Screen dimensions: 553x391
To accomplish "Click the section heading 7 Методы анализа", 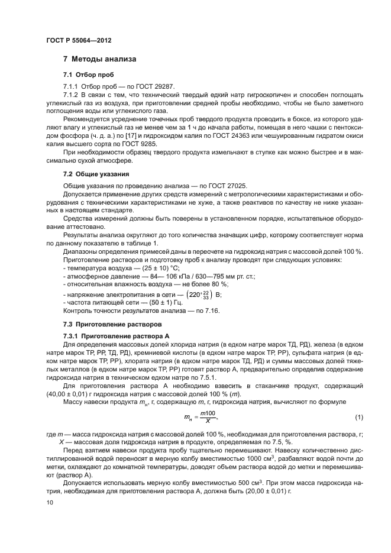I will pyautogui.click(x=99, y=60).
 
